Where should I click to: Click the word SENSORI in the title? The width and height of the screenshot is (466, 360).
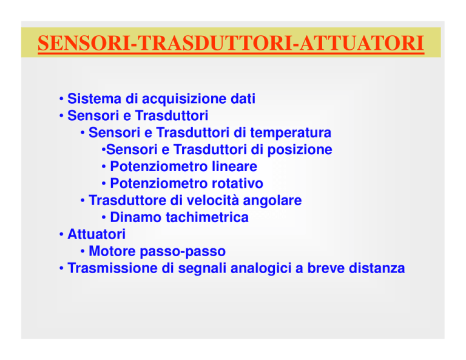(x=84, y=43)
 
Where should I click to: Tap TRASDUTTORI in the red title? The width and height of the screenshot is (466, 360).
(x=215, y=43)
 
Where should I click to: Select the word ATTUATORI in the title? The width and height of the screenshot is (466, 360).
(x=362, y=43)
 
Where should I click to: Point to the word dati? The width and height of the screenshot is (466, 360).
(x=243, y=98)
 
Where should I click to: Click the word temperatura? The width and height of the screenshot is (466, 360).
(x=291, y=133)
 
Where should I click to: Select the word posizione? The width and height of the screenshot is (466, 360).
(x=300, y=149)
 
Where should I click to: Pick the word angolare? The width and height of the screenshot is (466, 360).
(x=272, y=201)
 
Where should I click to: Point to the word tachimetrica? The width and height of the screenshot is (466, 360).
(x=207, y=217)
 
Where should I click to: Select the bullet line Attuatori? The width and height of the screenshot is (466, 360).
(x=93, y=234)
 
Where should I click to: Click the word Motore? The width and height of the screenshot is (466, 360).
(x=112, y=251)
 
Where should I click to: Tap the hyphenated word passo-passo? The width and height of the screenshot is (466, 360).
(x=183, y=252)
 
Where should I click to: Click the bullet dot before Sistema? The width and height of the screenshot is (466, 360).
(x=61, y=99)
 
